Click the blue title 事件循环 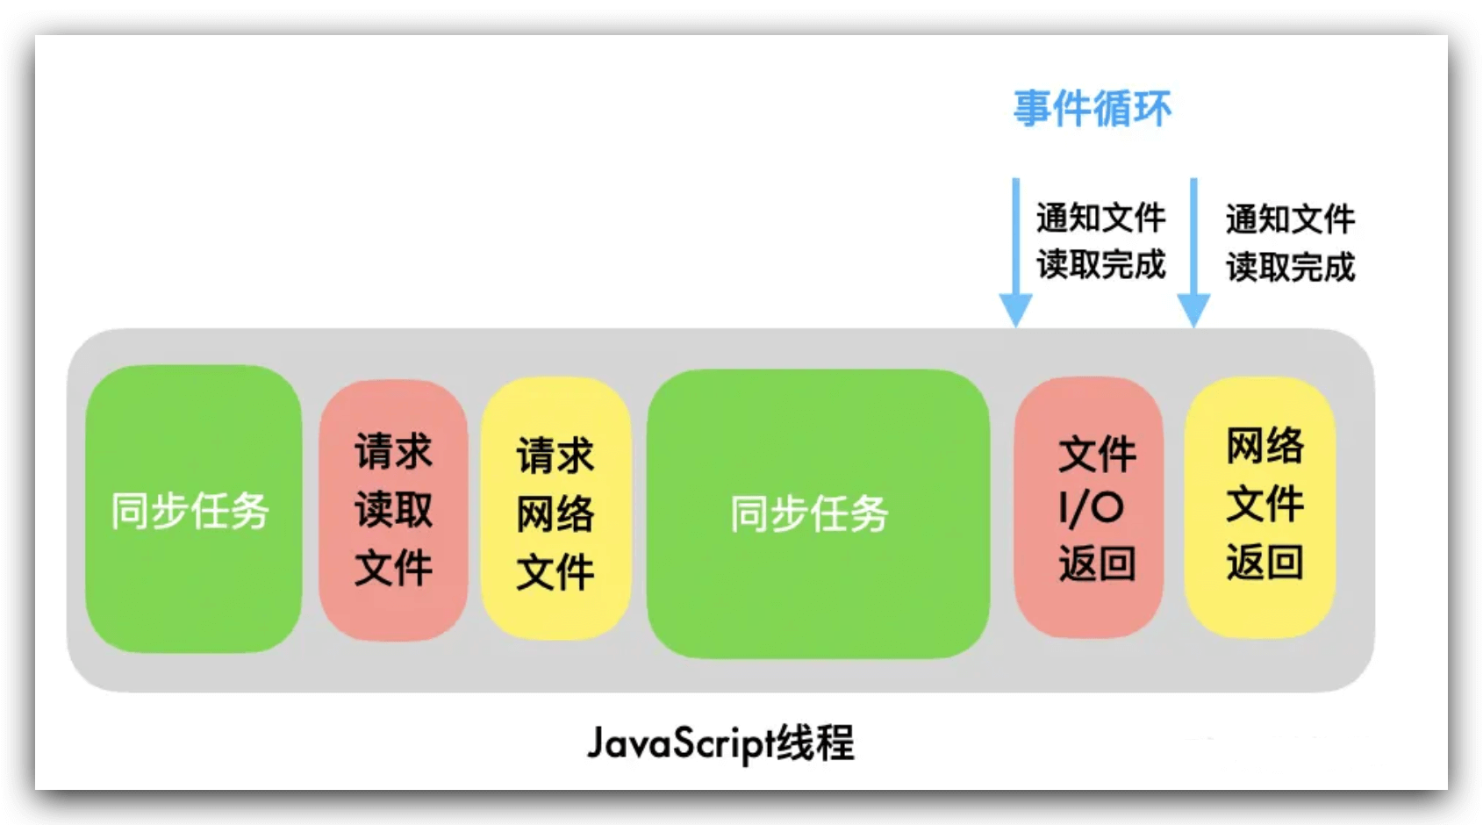(x=1092, y=109)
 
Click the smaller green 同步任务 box (x=193, y=509)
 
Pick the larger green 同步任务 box (x=818, y=513)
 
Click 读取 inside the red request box (x=393, y=509)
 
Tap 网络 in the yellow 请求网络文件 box (x=555, y=513)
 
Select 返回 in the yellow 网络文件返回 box (x=1264, y=562)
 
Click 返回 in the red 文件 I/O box (x=1097, y=563)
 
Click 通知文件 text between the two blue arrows (x=1100, y=218)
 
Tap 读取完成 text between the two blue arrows (x=1100, y=264)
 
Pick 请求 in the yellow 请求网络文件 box (x=555, y=456)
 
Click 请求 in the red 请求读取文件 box (x=393, y=452)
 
